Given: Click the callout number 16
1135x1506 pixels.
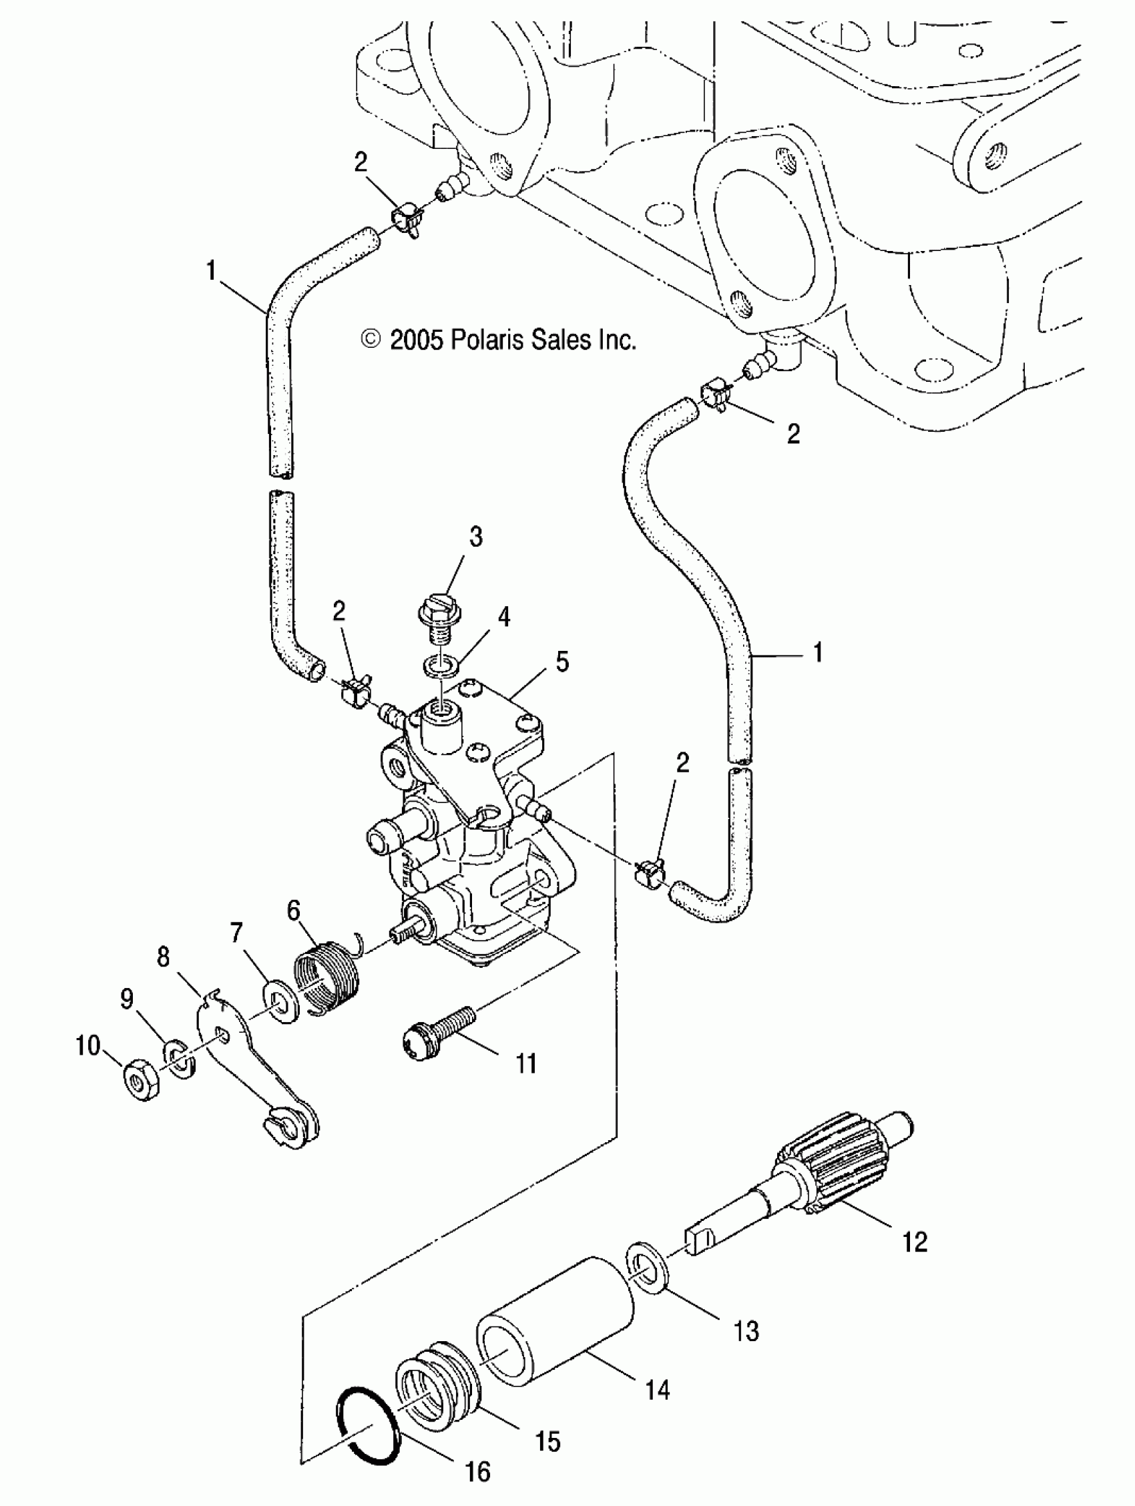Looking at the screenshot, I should (x=477, y=1471).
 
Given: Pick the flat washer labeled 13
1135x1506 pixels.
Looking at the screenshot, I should (x=645, y=1268).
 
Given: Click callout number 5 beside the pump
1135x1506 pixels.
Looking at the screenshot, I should (x=561, y=661).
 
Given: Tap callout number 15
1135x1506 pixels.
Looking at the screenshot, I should (x=547, y=1441).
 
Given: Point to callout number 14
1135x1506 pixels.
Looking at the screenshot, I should (x=656, y=1390).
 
